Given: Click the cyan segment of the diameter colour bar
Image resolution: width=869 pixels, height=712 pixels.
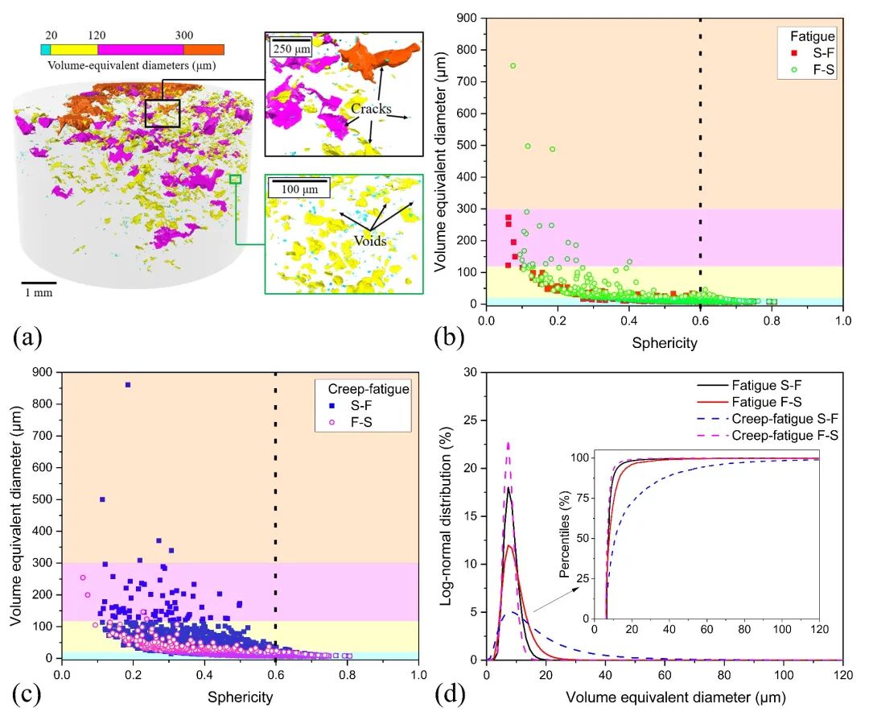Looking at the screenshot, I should (46, 49).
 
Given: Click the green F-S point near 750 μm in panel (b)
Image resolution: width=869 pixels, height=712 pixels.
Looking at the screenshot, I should (513, 66).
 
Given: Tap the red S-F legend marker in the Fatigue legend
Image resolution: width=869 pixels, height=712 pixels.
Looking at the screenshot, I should (794, 53).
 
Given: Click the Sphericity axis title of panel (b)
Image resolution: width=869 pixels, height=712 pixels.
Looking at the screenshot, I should (664, 342).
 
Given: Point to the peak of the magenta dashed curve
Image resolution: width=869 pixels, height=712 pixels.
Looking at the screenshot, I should (508, 442).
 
